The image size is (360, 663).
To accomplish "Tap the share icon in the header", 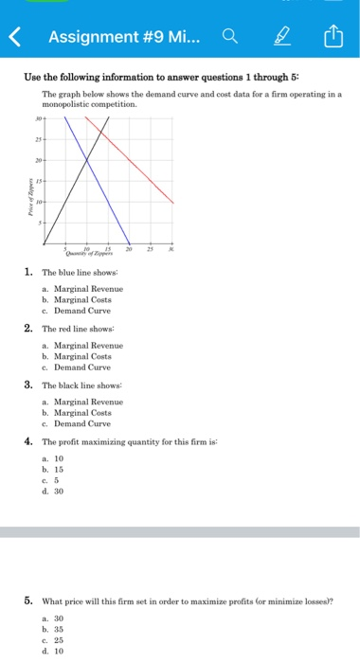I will coord(332,38).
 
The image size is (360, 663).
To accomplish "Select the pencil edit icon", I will coord(281,38).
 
